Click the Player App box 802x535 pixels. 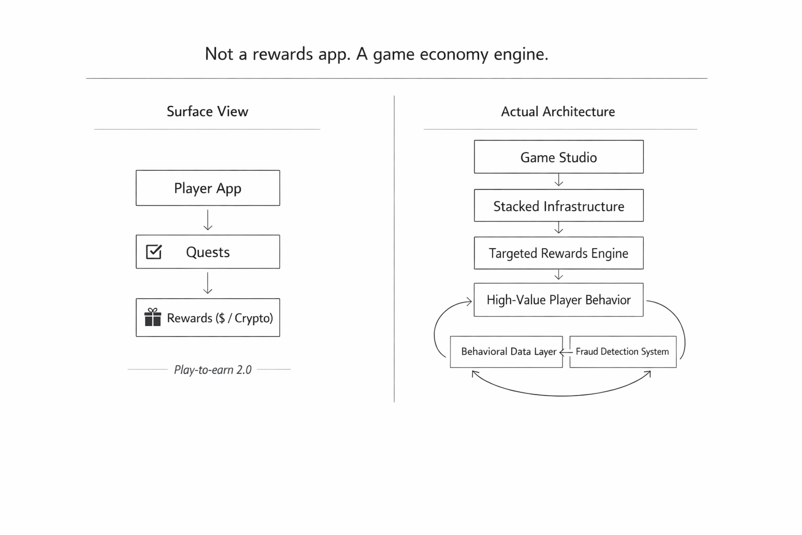[x=208, y=188]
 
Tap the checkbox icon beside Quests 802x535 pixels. [x=154, y=252]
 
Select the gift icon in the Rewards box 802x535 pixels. [x=152, y=318]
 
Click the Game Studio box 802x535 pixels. [x=559, y=157]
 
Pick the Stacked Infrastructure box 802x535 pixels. [x=559, y=206]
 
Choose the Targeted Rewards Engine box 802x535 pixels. [x=559, y=253]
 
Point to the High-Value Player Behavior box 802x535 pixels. [x=559, y=300]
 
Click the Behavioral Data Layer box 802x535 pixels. [x=506, y=352]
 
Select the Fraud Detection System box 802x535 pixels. [x=622, y=352]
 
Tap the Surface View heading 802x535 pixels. [x=207, y=111]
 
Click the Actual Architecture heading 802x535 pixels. [x=558, y=111]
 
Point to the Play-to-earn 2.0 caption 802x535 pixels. [x=213, y=370]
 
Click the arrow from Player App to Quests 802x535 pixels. [x=208, y=220]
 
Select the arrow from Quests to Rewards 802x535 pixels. [x=208, y=283]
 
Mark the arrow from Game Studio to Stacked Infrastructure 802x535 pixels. [x=559, y=181]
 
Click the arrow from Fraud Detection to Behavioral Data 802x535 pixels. [x=566, y=352]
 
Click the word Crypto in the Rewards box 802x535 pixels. [x=253, y=318]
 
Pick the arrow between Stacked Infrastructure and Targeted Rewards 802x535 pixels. [x=559, y=228]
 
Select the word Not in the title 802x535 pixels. [x=219, y=54]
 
